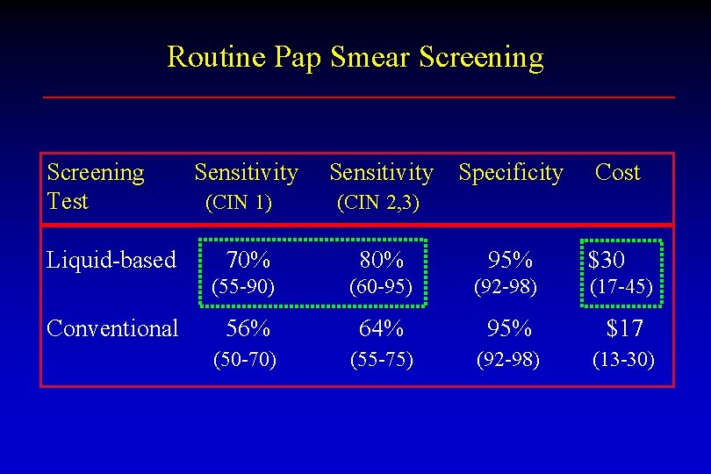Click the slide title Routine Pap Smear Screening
355,58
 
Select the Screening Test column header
95,186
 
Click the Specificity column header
511,173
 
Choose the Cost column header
617,173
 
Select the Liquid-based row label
111,260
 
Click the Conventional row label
112,328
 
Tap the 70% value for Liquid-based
248,260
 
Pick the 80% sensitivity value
381,260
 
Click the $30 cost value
607,260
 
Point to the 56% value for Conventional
248,328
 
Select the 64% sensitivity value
381,328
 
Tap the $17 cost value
624,328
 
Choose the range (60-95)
381,287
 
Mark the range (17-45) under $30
621,287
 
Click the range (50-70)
246,359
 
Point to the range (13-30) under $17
623,359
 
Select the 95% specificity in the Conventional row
510,328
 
